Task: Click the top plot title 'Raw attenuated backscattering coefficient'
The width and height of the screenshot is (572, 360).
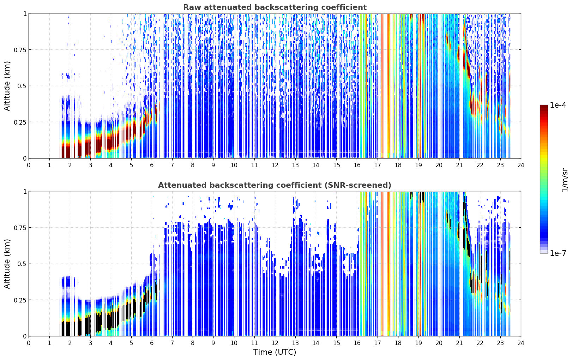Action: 275,7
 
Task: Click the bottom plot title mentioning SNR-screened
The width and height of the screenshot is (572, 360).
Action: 275,185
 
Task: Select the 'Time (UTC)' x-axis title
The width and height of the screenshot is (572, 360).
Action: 275,352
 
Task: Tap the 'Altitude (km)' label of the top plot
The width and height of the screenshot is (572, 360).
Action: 7,86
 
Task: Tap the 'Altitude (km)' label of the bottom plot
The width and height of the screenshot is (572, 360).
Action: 7,264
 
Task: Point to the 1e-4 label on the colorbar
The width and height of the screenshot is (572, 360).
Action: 558,105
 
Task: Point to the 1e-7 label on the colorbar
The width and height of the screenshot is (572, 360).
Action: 558,253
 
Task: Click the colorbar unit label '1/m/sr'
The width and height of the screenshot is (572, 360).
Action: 565,180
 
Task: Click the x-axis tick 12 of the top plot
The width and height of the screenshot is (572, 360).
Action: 275,165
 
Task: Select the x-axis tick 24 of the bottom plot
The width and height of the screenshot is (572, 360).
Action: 521,343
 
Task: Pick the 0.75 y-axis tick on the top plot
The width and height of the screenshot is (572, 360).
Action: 20,50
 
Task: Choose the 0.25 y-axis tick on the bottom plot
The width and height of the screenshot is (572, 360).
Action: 20,300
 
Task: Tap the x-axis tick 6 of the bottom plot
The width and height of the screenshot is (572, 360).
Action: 152,343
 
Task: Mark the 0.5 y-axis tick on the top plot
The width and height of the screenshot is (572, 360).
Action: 23,86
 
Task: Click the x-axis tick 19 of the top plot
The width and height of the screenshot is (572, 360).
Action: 418,165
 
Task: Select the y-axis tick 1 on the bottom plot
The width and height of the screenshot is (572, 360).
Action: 25,192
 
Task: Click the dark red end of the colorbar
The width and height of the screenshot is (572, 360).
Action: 544,107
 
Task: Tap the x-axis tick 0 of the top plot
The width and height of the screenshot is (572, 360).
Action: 29,165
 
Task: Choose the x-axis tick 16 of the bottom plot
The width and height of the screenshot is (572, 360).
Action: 357,343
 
